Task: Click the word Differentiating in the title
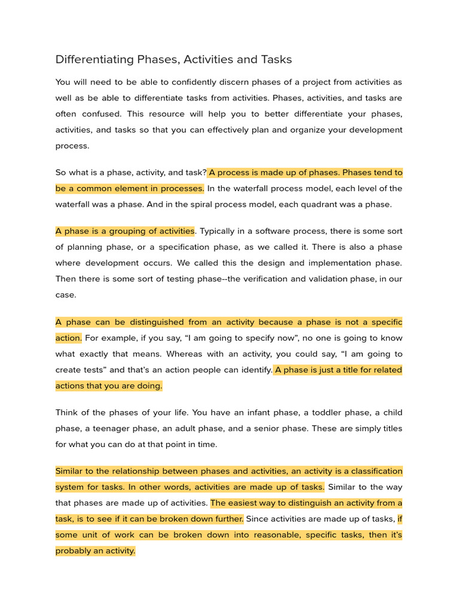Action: [93, 59]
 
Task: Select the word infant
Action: [270, 412]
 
